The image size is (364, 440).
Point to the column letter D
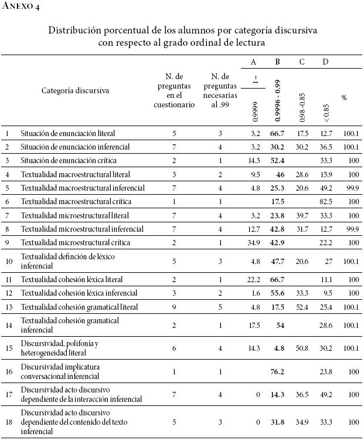pos(325,62)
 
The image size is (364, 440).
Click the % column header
pos(344,97)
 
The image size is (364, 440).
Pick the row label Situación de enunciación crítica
pos(67,160)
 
